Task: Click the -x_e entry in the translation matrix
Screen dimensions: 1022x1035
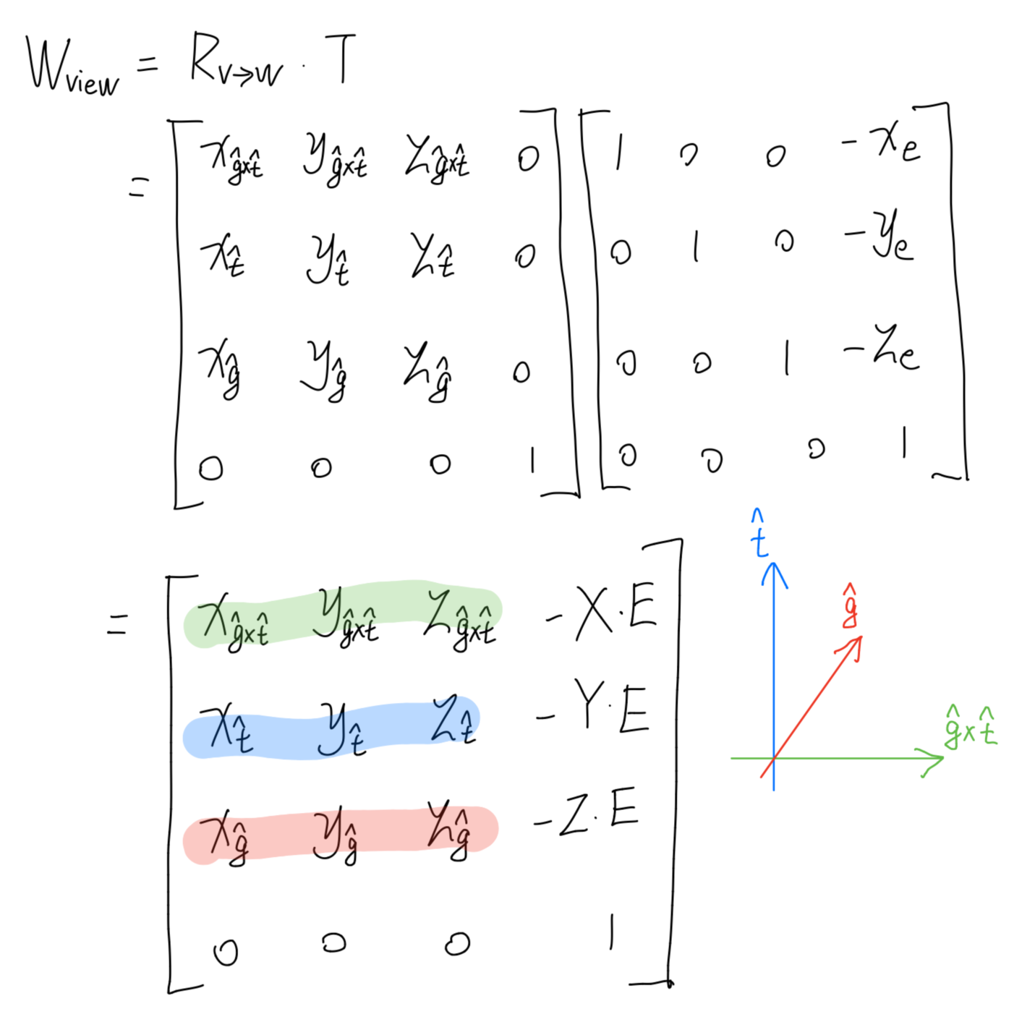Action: click(x=882, y=141)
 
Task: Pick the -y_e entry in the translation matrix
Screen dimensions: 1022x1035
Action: click(x=881, y=234)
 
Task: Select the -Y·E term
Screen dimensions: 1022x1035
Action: click(x=595, y=708)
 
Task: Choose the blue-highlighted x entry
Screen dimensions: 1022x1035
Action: click(x=226, y=727)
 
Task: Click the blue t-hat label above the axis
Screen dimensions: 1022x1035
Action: click(x=759, y=535)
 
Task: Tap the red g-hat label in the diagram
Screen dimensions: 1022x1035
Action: click(x=851, y=606)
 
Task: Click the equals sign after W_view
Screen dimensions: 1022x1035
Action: click(x=147, y=65)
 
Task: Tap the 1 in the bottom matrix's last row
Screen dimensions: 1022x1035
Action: click(x=611, y=932)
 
